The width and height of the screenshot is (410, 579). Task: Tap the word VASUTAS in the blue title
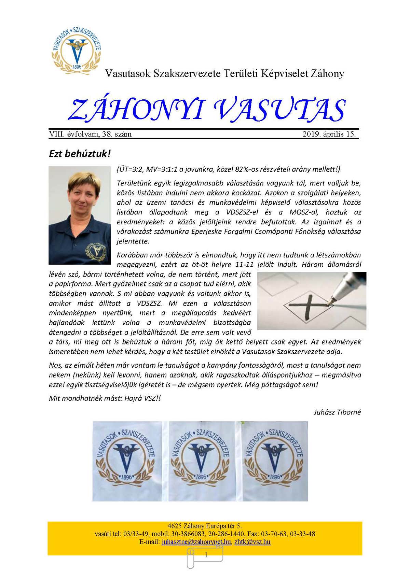(279, 110)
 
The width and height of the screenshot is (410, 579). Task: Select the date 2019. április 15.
(329, 134)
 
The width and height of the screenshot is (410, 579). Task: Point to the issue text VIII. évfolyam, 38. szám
(91, 134)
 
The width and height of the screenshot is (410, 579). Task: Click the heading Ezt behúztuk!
(80, 154)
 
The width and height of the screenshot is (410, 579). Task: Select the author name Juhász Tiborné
(337, 412)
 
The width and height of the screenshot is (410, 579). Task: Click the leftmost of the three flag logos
(127, 461)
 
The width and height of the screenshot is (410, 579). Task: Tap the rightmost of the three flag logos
(274, 461)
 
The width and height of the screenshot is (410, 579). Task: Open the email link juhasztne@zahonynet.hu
(196, 542)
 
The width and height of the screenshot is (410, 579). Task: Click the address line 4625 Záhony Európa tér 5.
(205, 526)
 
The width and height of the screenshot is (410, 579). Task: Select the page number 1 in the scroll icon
(206, 555)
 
